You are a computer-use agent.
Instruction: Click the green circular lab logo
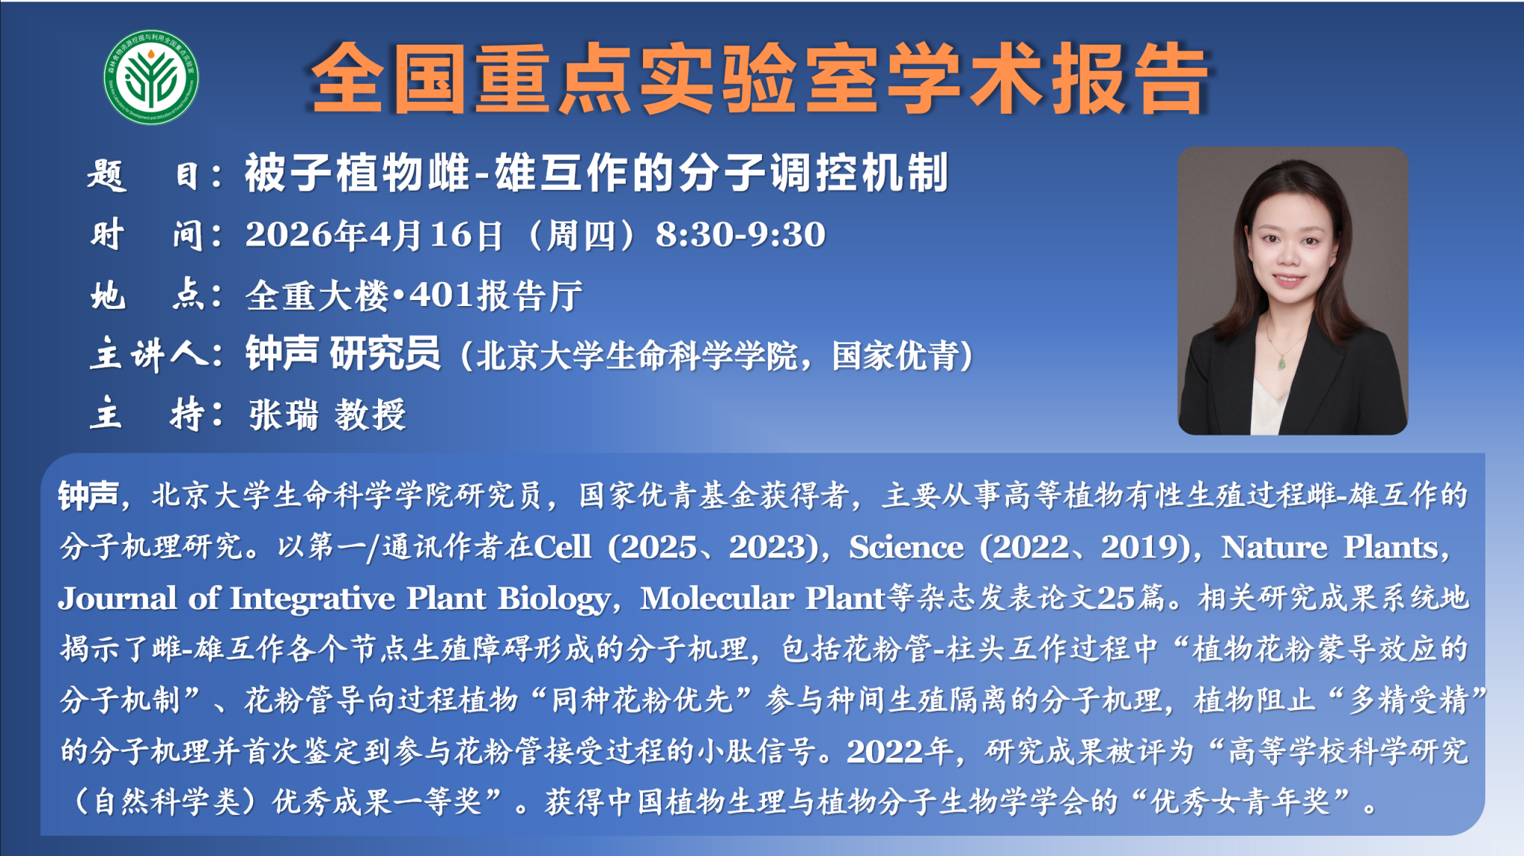tap(151, 77)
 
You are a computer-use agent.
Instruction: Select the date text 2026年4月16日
tap(374, 235)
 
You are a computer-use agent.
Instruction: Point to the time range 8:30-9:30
tap(740, 234)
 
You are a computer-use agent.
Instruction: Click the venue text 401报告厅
tap(496, 296)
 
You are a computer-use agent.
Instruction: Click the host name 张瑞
tap(284, 415)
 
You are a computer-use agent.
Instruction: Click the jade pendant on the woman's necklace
tap(1281, 363)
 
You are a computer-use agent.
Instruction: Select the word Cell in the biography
tap(563, 547)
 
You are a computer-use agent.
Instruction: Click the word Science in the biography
tap(906, 547)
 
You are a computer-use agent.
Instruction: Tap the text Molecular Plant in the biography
tap(763, 598)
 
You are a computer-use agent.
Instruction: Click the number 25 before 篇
tap(1115, 598)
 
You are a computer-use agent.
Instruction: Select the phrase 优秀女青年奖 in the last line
tap(1240, 802)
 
